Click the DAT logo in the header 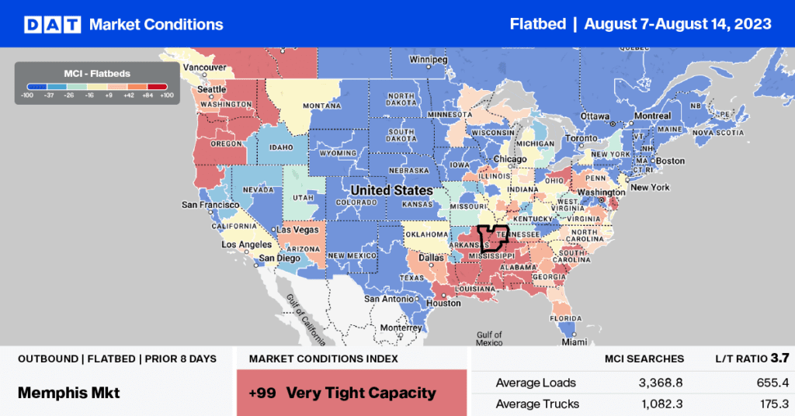(51, 24)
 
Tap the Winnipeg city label (429, 60)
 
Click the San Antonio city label (394, 299)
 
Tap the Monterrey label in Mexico (401, 328)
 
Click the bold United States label (391, 190)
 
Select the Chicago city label (511, 159)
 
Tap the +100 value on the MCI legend (166, 95)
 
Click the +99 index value (262, 393)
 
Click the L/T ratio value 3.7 (779, 358)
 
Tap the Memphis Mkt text (68, 393)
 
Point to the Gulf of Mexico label (489, 338)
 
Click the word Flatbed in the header (536, 24)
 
